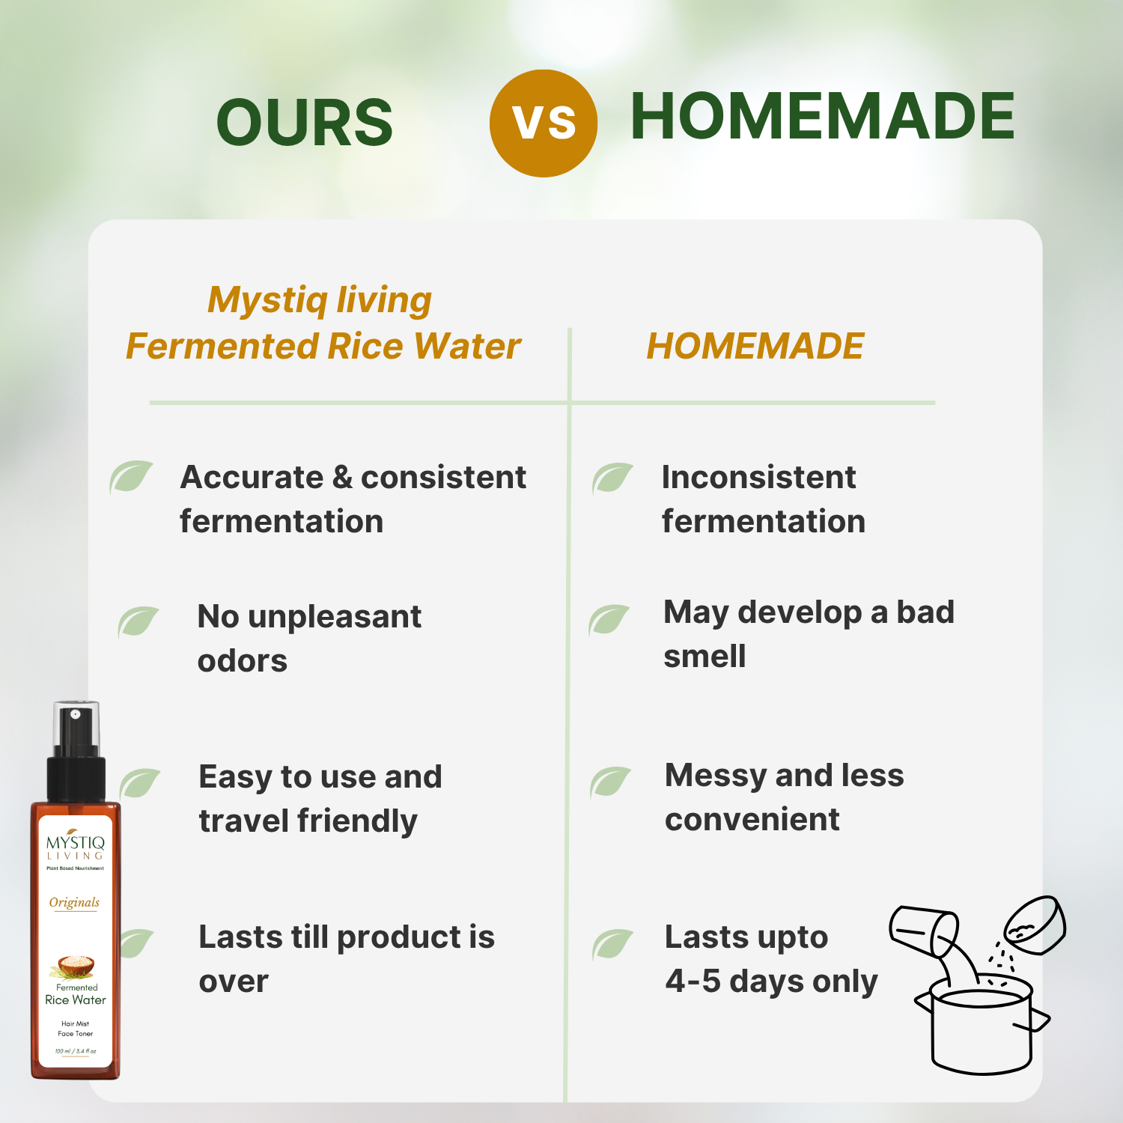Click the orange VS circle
coord(543,124)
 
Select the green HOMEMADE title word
coord(822,116)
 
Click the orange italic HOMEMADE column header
coord(755,346)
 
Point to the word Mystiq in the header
coord(267,300)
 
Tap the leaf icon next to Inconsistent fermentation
coord(612,478)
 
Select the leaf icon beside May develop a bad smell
coord(609,619)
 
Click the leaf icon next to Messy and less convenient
coord(610,782)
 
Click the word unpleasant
coord(335,617)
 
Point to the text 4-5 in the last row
coord(693,982)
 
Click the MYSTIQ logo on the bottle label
coord(76,844)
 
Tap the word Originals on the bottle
coord(74,902)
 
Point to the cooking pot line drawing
coord(982,1026)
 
